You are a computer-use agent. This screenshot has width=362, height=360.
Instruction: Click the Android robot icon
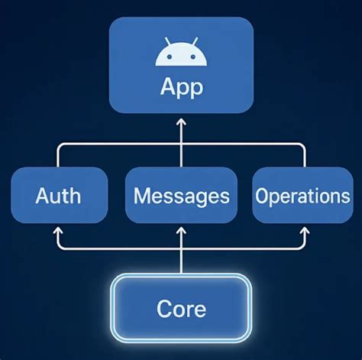[x=181, y=54]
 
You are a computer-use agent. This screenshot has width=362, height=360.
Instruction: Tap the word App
[x=182, y=86]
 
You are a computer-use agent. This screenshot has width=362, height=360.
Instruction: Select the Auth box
[x=59, y=195]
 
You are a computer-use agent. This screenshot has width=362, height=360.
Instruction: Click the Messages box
[x=181, y=195]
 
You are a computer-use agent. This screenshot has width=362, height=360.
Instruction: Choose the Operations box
[x=302, y=195]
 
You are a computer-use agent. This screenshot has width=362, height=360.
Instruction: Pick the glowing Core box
[x=181, y=308]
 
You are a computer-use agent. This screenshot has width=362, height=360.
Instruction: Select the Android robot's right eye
[x=192, y=55]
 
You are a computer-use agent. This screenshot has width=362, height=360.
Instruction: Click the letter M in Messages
[x=141, y=196]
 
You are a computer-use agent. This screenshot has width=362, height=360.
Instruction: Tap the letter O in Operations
[x=262, y=196]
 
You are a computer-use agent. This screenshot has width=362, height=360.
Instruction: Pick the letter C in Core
[x=163, y=309]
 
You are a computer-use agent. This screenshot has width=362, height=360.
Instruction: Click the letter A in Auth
[x=42, y=196]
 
